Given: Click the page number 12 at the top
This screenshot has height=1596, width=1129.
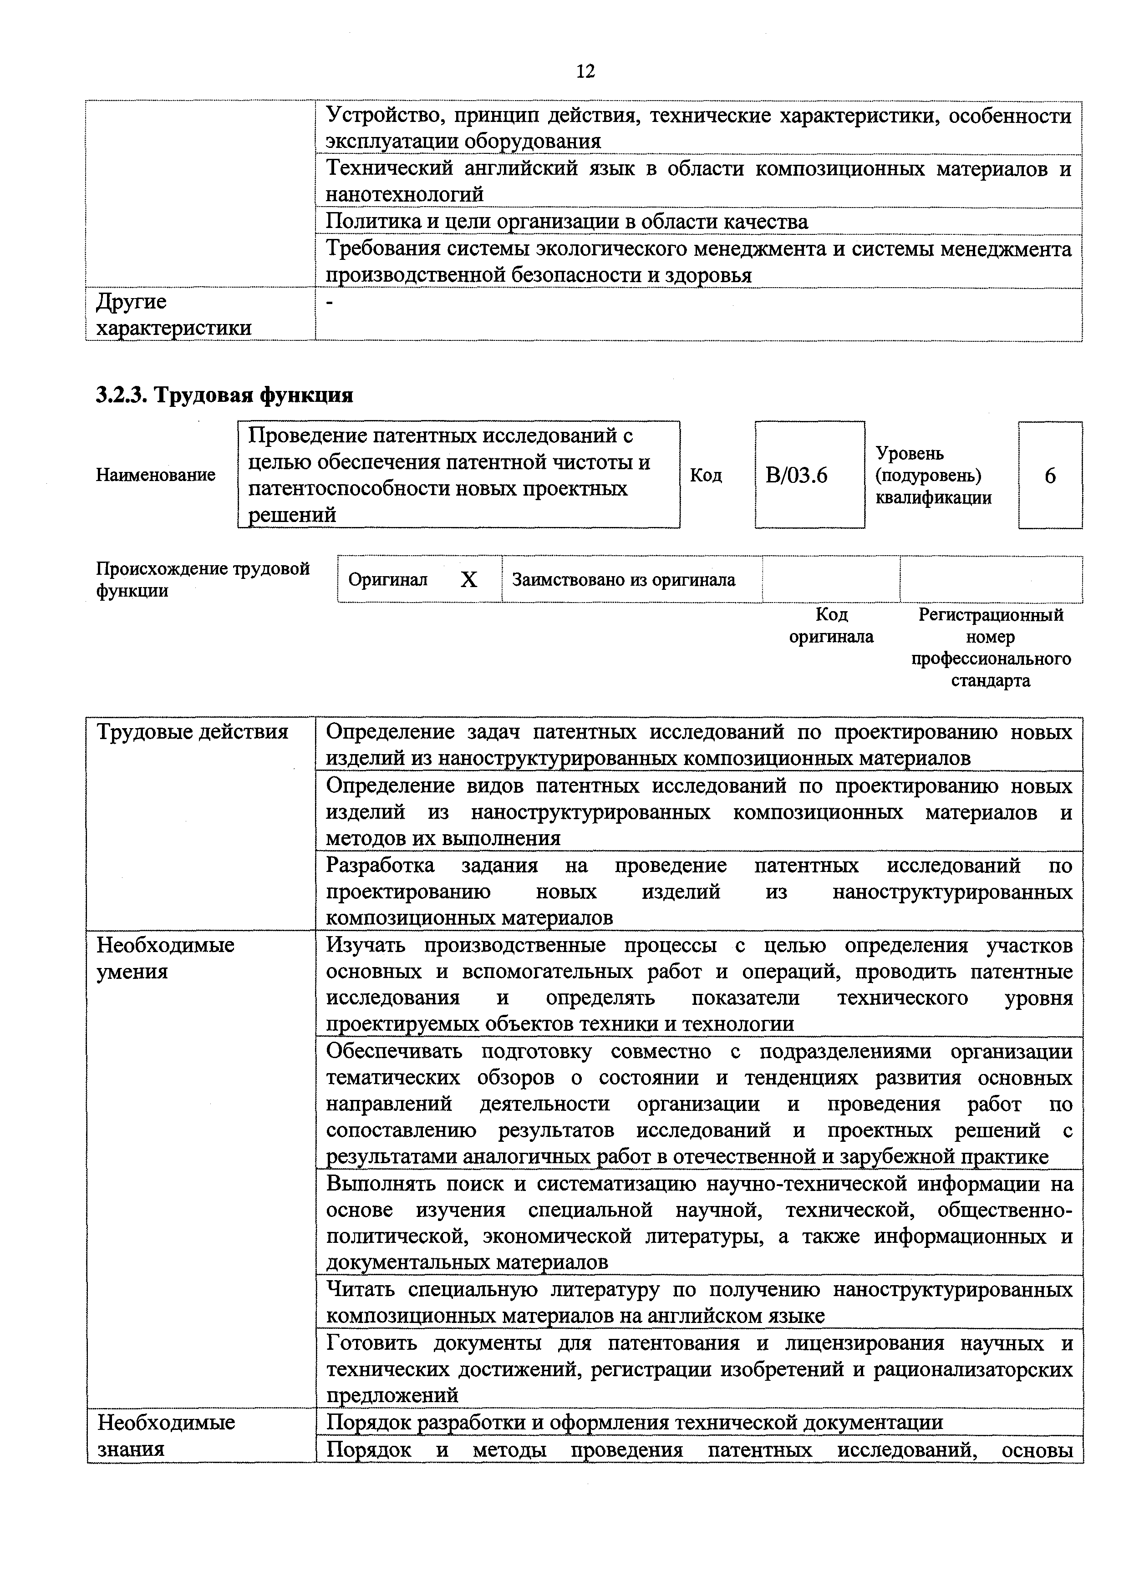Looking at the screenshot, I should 585,71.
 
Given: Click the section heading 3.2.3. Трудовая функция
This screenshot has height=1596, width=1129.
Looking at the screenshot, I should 224,395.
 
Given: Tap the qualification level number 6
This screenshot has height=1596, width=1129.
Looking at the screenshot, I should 1050,476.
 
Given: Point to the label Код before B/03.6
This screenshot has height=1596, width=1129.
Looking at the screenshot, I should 706,476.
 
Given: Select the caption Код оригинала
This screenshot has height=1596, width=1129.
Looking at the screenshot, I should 831,626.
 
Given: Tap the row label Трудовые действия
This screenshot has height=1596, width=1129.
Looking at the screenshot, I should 192,732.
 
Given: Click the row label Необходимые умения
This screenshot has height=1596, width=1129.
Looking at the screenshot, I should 165,958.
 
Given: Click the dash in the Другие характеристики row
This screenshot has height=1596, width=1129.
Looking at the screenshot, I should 330,302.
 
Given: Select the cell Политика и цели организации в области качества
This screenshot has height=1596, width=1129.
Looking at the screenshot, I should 567,222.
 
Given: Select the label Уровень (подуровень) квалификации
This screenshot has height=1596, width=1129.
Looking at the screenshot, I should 933,476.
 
